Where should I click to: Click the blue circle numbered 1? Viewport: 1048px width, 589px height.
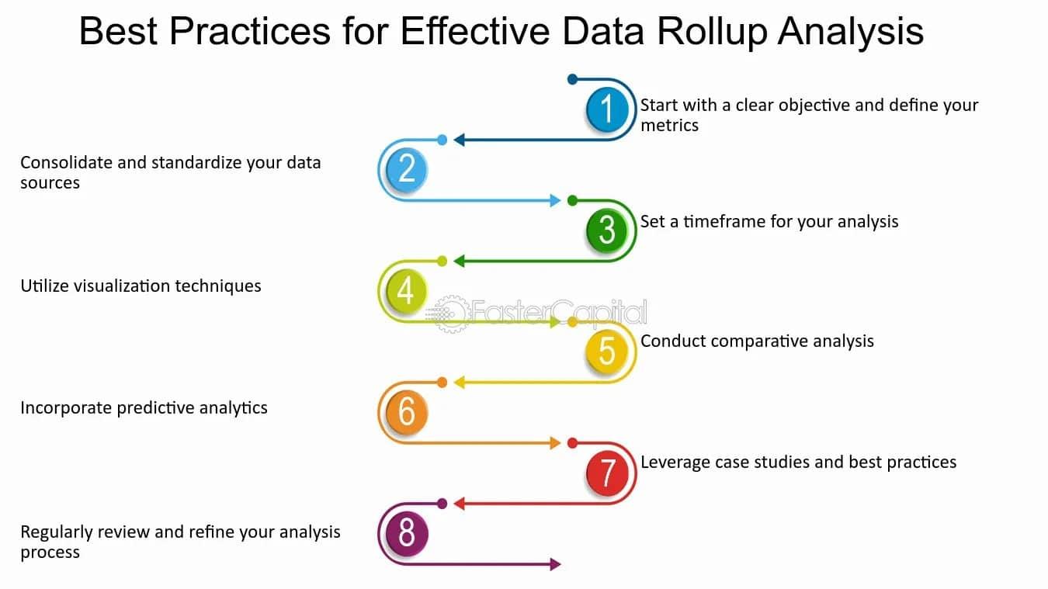pyautogui.click(x=607, y=109)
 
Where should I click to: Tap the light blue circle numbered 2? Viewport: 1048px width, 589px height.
pyautogui.click(x=407, y=169)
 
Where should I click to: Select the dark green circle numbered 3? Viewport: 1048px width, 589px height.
pyautogui.click(x=607, y=230)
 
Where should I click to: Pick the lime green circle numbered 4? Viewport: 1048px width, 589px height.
pyautogui.click(x=407, y=290)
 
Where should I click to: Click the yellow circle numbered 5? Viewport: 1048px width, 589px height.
pyautogui.click(x=607, y=352)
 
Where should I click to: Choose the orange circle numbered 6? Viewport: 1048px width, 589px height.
pyautogui.click(x=407, y=412)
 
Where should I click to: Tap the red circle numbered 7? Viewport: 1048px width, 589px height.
pyautogui.click(x=607, y=473)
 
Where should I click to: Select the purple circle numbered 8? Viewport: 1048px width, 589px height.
pyautogui.click(x=407, y=533)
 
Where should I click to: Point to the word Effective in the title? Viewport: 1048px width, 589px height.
pyautogui.click(x=475, y=31)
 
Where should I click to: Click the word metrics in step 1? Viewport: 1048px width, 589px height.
pyautogui.click(x=669, y=126)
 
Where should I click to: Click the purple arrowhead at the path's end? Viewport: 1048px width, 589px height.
pyautogui.click(x=555, y=564)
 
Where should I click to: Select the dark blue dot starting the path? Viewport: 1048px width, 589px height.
pyautogui.click(x=572, y=79)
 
